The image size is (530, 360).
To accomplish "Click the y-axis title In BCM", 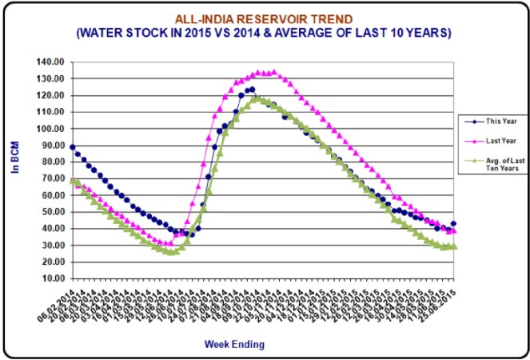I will (14, 160).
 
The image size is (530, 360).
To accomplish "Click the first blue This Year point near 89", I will (73, 147).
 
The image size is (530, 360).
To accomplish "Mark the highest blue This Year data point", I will (252, 90).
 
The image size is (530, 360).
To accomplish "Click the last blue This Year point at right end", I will (454, 224).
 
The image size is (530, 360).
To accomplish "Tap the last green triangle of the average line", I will (454, 247).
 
